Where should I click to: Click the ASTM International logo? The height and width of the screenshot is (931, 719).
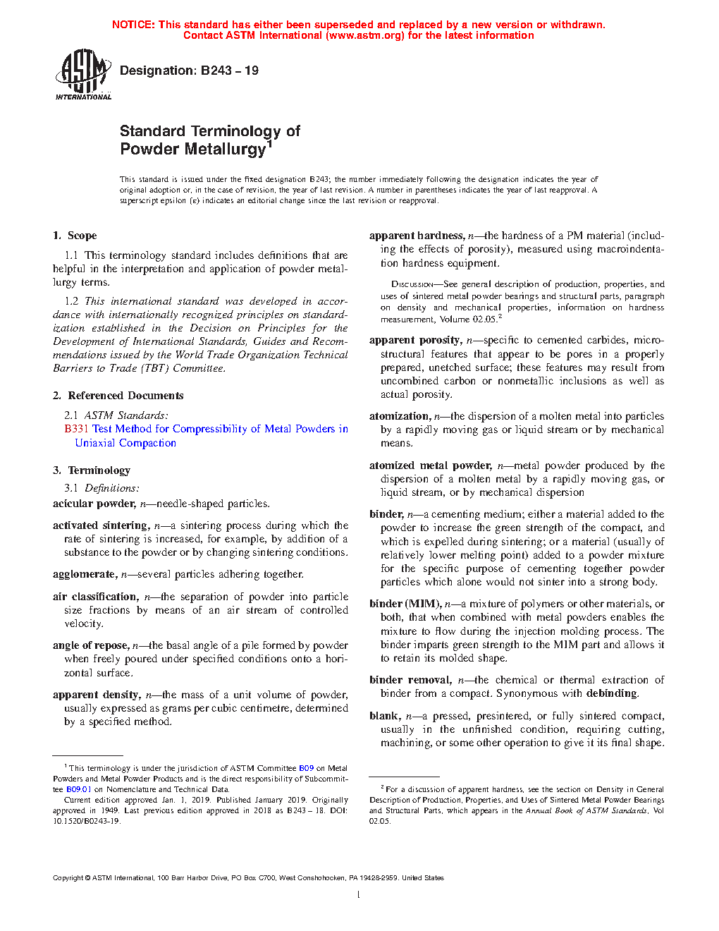pyautogui.click(x=83, y=74)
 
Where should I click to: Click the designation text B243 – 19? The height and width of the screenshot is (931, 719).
pyautogui.click(x=189, y=71)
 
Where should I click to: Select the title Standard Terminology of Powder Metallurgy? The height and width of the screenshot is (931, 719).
pyautogui.click(x=210, y=140)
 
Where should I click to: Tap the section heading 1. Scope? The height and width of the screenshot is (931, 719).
pyautogui.click(x=75, y=236)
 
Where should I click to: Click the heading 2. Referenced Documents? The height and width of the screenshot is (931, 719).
pyautogui.click(x=118, y=396)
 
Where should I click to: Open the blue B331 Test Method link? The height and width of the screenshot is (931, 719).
pyautogui.click(x=206, y=429)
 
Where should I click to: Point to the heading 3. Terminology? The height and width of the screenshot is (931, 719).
pyautogui.click(x=92, y=470)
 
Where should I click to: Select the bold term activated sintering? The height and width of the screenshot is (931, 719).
pyautogui.click(x=101, y=525)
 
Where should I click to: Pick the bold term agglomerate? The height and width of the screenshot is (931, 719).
pyautogui.click(x=84, y=574)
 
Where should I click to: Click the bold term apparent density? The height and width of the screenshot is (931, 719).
pyautogui.click(x=96, y=695)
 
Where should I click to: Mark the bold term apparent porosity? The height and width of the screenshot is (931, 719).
pyautogui.click(x=415, y=340)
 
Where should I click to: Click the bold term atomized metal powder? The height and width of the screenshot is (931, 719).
pyautogui.click(x=430, y=465)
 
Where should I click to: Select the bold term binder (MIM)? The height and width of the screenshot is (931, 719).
pyautogui.click(x=405, y=604)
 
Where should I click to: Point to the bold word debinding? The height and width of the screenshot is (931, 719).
pyautogui.click(x=611, y=693)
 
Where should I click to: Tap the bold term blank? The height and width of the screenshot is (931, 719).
pyautogui.click(x=385, y=716)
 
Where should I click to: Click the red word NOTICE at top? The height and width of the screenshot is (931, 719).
pyautogui.click(x=133, y=25)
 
